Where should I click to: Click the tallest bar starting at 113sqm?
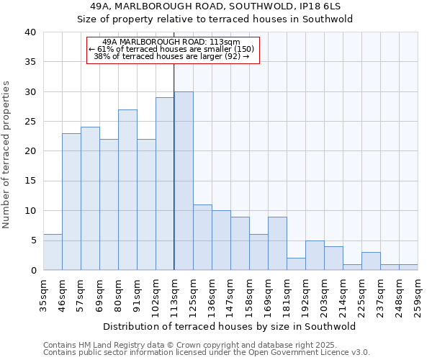(x=184, y=181)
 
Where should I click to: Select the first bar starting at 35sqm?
(x=53, y=252)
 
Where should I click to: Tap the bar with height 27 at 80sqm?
(x=127, y=189)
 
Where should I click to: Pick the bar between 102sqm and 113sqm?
(x=165, y=184)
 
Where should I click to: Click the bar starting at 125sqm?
(x=202, y=237)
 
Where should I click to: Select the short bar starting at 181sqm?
(x=296, y=264)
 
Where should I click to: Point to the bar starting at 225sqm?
(x=371, y=261)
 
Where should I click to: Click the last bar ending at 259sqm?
(x=408, y=267)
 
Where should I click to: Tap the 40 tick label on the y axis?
(x=30, y=32)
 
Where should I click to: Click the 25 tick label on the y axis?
(x=30, y=122)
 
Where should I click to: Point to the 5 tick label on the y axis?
(x=32, y=240)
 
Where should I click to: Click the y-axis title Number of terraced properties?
(x=7, y=155)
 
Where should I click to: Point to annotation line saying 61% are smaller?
(x=172, y=49)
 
